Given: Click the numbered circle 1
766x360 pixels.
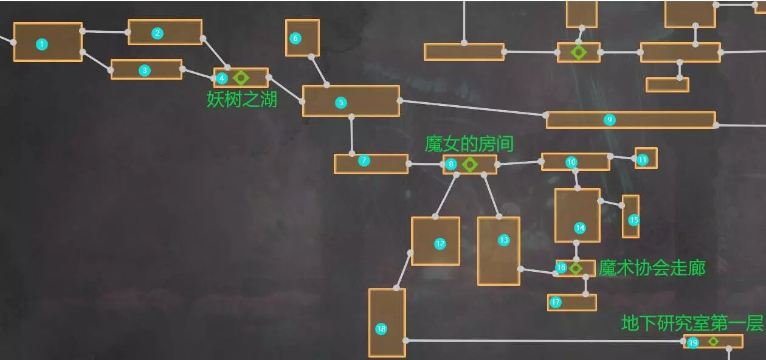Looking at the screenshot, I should click(41, 44).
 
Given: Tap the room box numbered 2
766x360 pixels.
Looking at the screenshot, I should click(165, 32).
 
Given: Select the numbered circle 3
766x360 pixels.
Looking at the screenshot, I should click(144, 70).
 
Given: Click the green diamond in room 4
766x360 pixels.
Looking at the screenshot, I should click(241, 78).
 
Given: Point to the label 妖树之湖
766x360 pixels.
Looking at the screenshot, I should click(242, 99).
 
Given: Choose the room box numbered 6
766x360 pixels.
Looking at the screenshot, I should click(302, 38).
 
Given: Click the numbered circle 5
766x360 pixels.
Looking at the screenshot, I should click(340, 103).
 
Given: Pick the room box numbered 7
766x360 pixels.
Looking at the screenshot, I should click(371, 164).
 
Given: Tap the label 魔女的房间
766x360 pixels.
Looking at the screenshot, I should click(469, 144).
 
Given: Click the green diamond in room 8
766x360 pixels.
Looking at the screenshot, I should click(469, 164).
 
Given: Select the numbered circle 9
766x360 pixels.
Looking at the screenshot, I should click(610, 120).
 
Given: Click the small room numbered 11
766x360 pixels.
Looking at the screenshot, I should click(646, 158).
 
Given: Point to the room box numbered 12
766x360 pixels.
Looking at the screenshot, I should click(435, 241).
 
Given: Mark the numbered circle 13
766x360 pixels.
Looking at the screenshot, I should click(503, 240).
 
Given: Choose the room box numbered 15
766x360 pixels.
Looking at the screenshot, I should click(630, 216).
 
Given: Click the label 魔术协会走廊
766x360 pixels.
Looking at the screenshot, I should click(652, 268).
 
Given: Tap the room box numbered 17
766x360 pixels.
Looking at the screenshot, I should click(571, 302).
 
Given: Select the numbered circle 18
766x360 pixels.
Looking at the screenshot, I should click(381, 329).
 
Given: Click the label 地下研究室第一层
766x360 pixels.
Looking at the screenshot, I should click(692, 323).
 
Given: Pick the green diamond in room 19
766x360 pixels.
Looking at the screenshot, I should click(713, 342).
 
